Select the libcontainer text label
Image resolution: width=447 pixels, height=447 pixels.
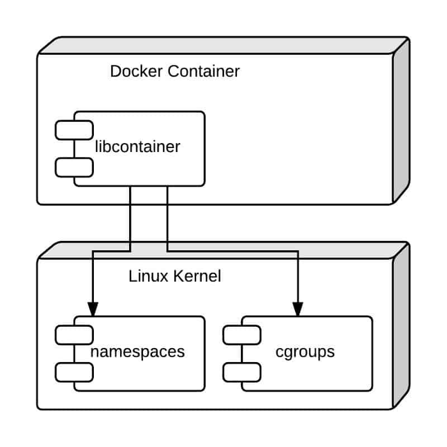coord(137,147)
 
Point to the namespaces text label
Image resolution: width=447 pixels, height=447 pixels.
coord(137,352)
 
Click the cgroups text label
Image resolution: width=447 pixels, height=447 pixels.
coord(305,352)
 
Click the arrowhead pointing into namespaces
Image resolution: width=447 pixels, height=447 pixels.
coord(93,308)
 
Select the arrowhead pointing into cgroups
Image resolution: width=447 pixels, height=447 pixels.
coord(298,308)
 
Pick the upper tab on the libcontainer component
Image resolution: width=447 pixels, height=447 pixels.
coord(74,130)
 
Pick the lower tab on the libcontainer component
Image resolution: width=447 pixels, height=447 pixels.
coord(74,167)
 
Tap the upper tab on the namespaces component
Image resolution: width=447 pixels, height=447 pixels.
coord(74,334)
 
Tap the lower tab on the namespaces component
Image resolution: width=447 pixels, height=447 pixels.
coord(74,371)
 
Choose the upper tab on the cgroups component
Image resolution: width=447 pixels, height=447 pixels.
coord(242,334)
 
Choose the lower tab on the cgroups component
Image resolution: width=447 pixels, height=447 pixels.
coord(242,371)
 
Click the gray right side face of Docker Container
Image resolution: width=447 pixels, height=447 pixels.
coord(401,120)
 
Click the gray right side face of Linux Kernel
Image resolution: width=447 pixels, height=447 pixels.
coord(401,325)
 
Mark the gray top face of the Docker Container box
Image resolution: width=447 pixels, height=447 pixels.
coord(223,45)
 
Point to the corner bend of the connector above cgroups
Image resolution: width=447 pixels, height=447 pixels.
coord(298,251)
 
